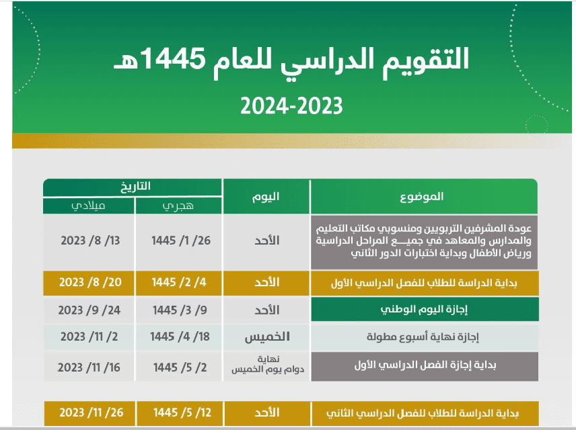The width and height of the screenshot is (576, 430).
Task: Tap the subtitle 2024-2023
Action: [x=292, y=105]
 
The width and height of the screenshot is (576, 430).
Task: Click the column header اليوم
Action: [x=266, y=196]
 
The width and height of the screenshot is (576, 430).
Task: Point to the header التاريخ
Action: [x=133, y=186]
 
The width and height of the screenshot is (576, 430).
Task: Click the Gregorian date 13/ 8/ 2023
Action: [x=89, y=241]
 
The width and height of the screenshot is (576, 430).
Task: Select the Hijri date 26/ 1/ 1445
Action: [x=178, y=241]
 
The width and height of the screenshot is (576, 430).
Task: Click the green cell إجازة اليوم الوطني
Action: [x=424, y=310]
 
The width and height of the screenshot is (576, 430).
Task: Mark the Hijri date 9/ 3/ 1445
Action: [x=178, y=310]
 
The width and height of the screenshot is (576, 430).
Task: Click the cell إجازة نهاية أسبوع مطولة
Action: [x=424, y=337]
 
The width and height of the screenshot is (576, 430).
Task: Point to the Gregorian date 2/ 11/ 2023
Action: [x=89, y=336]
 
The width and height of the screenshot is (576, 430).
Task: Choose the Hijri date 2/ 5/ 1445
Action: [x=178, y=367]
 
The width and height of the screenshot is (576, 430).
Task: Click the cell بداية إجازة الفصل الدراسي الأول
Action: [x=424, y=367]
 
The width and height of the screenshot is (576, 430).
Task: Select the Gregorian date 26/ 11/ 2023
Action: [x=89, y=412]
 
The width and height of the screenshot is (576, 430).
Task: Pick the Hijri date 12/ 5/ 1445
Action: [x=178, y=412]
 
